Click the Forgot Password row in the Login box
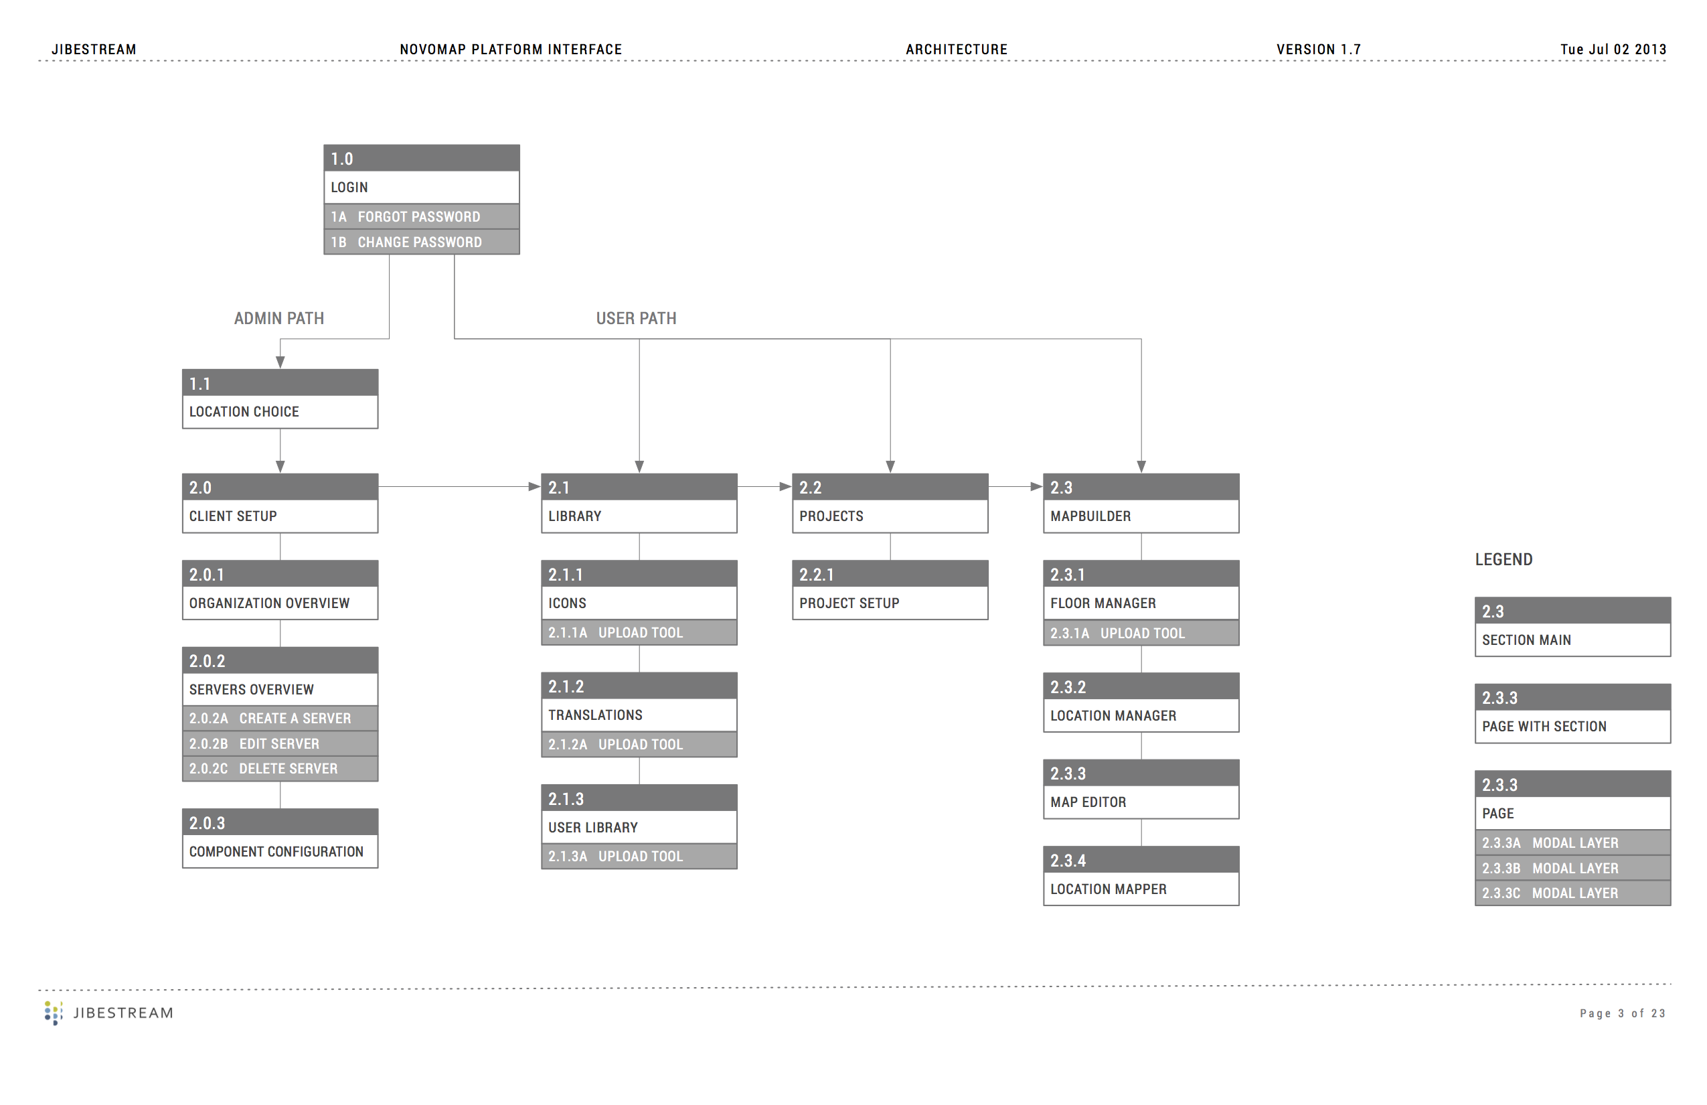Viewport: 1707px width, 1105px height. coord(422,216)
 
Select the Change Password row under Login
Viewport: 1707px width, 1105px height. coord(422,242)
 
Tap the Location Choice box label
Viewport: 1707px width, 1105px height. coord(244,412)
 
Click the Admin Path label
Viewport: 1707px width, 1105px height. coord(279,318)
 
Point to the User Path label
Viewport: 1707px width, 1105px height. coord(636,318)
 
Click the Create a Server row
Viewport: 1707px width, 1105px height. coord(280,718)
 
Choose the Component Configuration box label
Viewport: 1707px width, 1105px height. coord(276,852)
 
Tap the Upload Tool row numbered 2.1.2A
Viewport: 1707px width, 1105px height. coord(639,744)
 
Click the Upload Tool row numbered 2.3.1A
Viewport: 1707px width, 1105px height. coord(1141,633)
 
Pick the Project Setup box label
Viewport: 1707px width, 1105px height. coord(849,603)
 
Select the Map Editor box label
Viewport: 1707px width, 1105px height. coord(1088,802)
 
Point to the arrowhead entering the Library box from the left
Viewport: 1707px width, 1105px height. coord(534,486)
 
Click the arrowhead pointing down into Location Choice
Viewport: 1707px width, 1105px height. coord(280,362)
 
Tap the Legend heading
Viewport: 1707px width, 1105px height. coord(1503,560)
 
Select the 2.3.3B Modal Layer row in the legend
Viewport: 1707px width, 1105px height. coord(1573,868)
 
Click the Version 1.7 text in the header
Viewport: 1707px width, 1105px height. coord(1318,50)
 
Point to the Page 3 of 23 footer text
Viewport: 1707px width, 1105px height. coord(1623,1013)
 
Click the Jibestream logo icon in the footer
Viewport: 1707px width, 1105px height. coord(53,1013)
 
